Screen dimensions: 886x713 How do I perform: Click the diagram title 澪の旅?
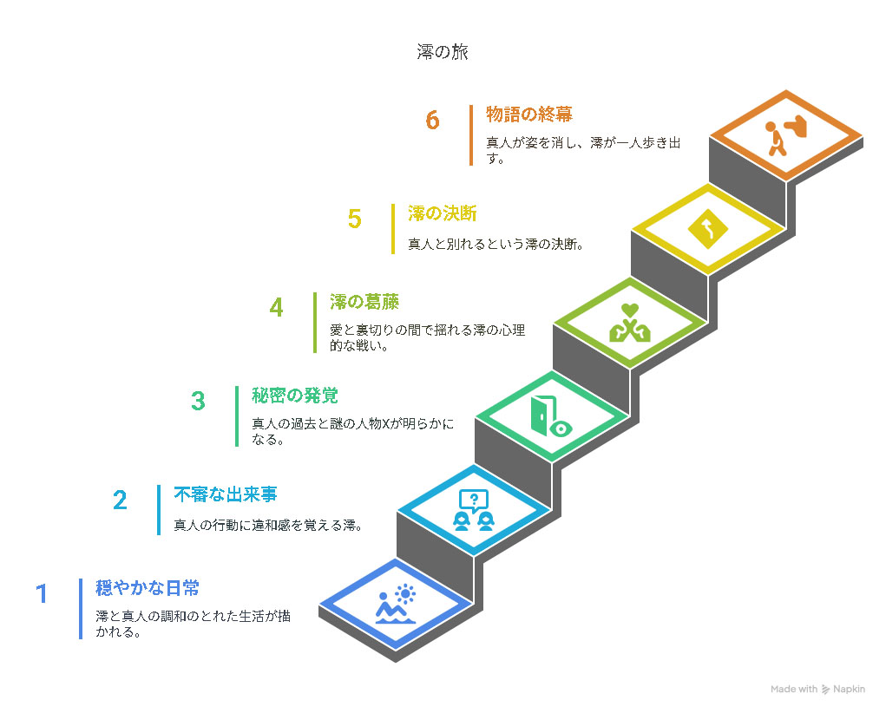pos(443,52)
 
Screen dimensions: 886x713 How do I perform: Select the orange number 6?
pos(432,120)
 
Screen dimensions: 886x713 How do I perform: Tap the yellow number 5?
pos(354,219)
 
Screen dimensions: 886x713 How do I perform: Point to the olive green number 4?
pos(276,307)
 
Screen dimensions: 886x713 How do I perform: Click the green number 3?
pos(198,401)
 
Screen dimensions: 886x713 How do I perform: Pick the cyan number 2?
pos(120,500)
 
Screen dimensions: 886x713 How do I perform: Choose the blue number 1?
pos(42,594)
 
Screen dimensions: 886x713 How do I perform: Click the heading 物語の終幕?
pos(529,114)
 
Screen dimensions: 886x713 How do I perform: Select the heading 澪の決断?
pos(443,213)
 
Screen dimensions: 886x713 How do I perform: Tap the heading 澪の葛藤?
pos(364,302)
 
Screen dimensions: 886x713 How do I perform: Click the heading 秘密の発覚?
pos(295,395)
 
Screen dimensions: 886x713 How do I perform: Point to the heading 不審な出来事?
pos(226,494)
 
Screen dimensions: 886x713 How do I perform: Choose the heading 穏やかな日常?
pos(148,588)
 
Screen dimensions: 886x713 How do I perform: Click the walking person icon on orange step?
pos(786,136)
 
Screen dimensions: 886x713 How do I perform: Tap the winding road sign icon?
pos(707,229)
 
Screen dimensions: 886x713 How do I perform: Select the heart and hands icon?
pos(630,324)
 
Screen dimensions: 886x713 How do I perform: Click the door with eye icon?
pos(551,415)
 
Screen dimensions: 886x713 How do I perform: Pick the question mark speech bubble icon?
pos(474,510)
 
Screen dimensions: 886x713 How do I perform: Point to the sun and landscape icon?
pos(396,604)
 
